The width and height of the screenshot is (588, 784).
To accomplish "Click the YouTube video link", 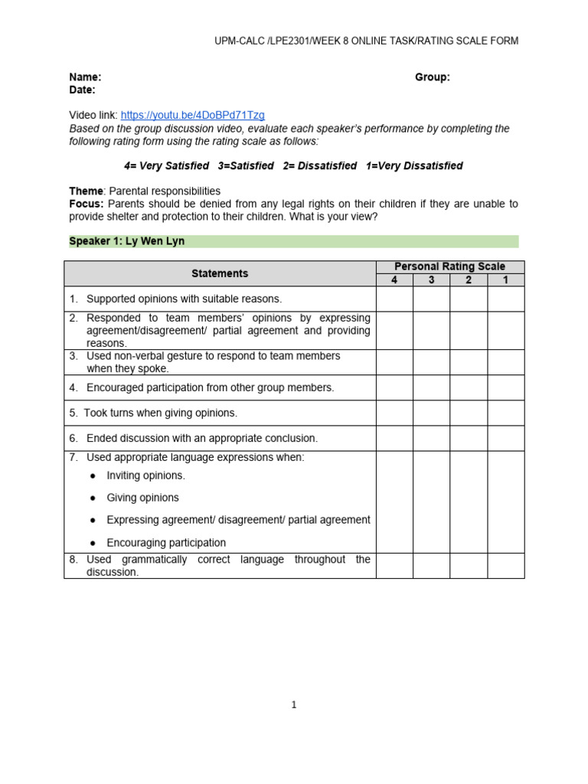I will pyautogui.click(x=192, y=115).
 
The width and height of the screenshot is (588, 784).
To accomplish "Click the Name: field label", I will pyautogui.click(x=85, y=77).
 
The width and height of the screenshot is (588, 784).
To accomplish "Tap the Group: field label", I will pyautogui.click(x=433, y=77).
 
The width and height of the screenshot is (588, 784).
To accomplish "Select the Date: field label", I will pyautogui.click(x=83, y=90).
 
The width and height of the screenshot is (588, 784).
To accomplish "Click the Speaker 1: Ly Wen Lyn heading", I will pyautogui.click(x=127, y=241).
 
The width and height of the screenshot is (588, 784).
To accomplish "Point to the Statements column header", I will pyautogui.click(x=220, y=273).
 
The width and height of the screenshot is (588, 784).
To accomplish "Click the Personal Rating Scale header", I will pyautogui.click(x=449, y=266).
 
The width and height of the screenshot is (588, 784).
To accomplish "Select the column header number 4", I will pyautogui.click(x=394, y=279).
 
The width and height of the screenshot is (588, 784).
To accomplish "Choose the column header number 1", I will pyautogui.click(x=505, y=279).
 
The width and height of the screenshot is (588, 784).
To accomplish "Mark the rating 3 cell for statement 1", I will pyautogui.click(x=431, y=299).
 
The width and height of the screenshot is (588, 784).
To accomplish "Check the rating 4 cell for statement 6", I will pyautogui.click(x=394, y=438).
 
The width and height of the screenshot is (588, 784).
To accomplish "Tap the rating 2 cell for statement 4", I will pyautogui.click(x=469, y=387).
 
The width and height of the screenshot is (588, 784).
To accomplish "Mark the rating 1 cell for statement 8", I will pyautogui.click(x=505, y=565).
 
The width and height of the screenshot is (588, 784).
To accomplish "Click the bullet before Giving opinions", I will pyautogui.click(x=93, y=498).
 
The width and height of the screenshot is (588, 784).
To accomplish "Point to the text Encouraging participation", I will pyautogui.click(x=166, y=543).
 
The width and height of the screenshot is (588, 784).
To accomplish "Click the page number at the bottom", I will pyautogui.click(x=294, y=705).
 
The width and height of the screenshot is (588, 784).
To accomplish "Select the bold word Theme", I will pyautogui.click(x=86, y=191).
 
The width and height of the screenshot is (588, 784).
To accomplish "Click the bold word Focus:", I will pyautogui.click(x=87, y=204).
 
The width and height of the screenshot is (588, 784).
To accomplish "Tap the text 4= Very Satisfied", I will pyautogui.click(x=166, y=165).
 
